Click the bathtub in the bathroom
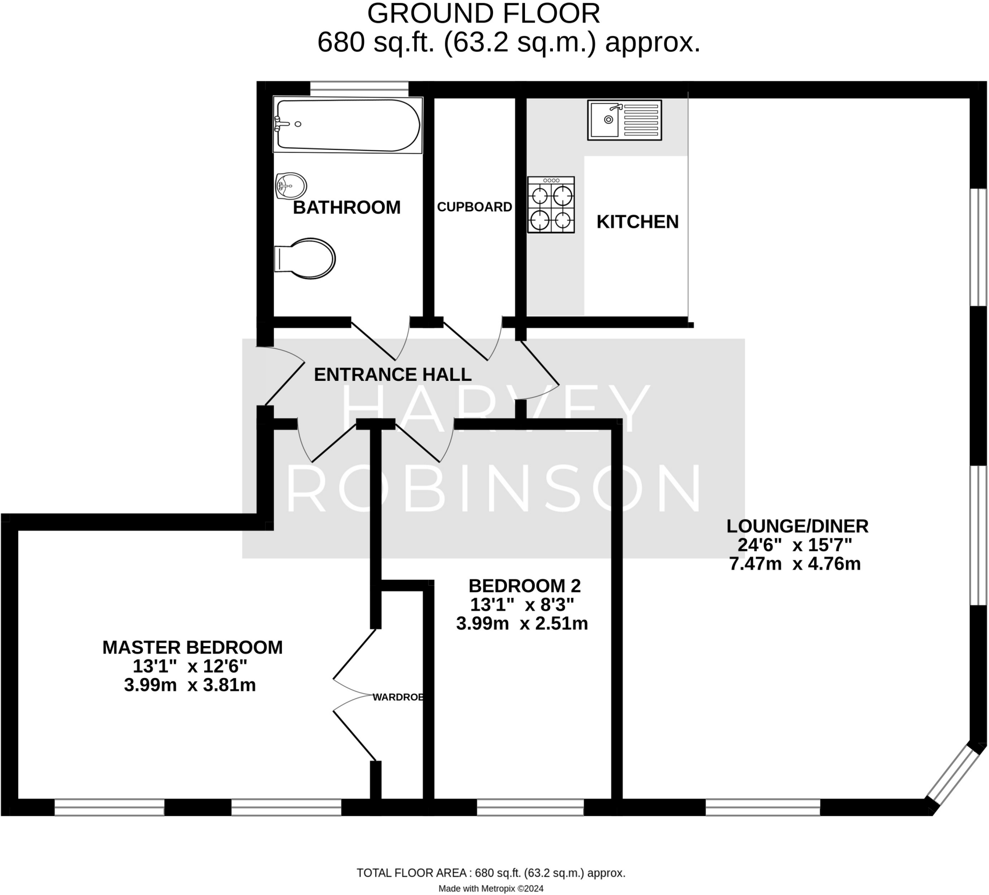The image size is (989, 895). click(x=348, y=125)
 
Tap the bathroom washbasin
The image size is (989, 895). click(x=291, y=186)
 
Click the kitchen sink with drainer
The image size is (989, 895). click(x=624, y=120)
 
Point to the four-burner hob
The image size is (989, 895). click(x=551, y=205)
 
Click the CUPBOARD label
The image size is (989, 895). click(x=474, y=207)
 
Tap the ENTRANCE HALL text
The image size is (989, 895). click(x=393, y=375)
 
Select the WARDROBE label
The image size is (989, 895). click(x=398, y=697)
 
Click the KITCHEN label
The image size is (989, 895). click(x=637, y=222)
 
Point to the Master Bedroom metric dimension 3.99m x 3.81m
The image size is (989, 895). click(x=190, y=685)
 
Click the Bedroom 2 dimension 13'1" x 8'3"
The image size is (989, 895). click(x=522, y=605)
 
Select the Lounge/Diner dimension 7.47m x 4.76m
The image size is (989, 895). click(x=795, y=563)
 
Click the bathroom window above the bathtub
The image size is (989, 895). click(x=359, y=89)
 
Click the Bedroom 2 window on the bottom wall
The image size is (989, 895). click(x=530, y=807)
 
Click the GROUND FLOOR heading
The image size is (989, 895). click(x=483, y=14)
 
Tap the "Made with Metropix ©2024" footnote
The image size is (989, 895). click(x=491, y=888)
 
